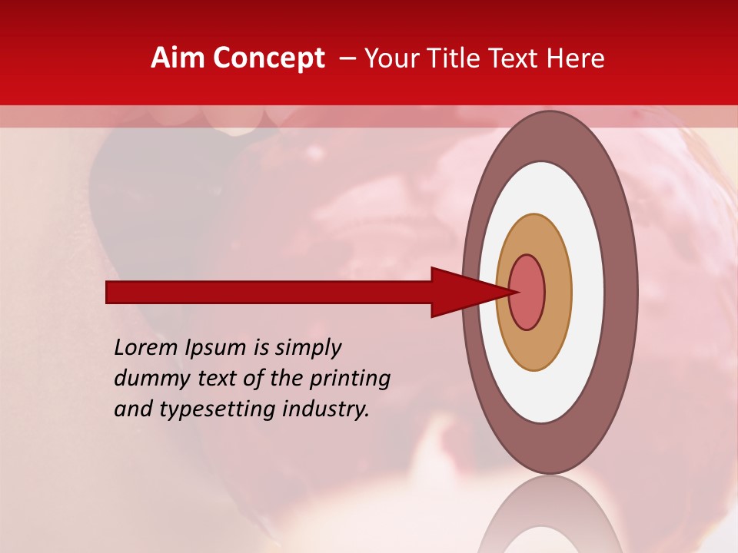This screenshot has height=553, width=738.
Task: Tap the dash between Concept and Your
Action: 347,59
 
